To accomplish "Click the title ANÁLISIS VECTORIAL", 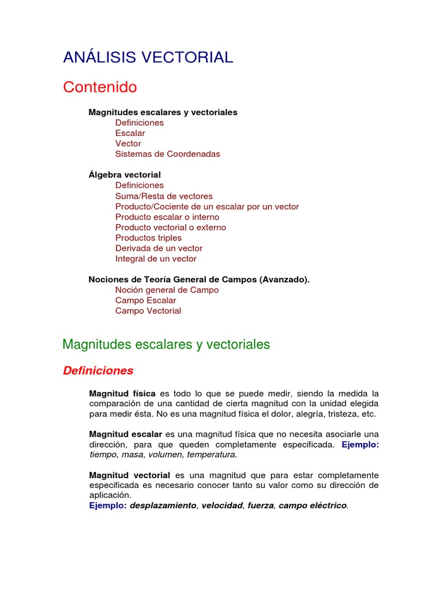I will pyautogui.click(x=148, y=58).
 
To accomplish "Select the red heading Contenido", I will pyautogui.click(x=100, y=88).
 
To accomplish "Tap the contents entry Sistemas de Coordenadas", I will pyautogui.click(x=167, y=154).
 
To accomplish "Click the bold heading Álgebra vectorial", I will pyautogui.click(x=125, y=175).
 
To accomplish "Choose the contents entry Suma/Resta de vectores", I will pyautogui.click(x=164, y=196).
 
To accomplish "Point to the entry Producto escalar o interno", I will pyautogui.click(x=167, y=217).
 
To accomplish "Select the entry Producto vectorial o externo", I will pyautogui.click(x=170, y=228).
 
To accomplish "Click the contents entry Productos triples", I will pyautogui.click(x=148, y=238).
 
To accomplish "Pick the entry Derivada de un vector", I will pyautogui.click(x=159, y=248).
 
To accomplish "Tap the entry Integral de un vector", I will pyautogui.click(x=156, y=259).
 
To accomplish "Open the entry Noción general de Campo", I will pyautogui.click(x=167, y=290).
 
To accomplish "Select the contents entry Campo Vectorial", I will pyautogui.click(x=148, y=311).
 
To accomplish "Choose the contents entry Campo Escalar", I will pyautogui.click(x=145, y=300).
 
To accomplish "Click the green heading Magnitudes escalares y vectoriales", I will pyautogui.click(x=166, y=345).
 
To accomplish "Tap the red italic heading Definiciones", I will pyautogui.click(x=98, y=371).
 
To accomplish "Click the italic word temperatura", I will pyautogui.click(x=211, y=455).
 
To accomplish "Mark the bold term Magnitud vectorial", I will pyautogui.click(x=129, y=475).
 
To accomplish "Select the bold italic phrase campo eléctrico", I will pyautogui.click(x=313, y=505).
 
